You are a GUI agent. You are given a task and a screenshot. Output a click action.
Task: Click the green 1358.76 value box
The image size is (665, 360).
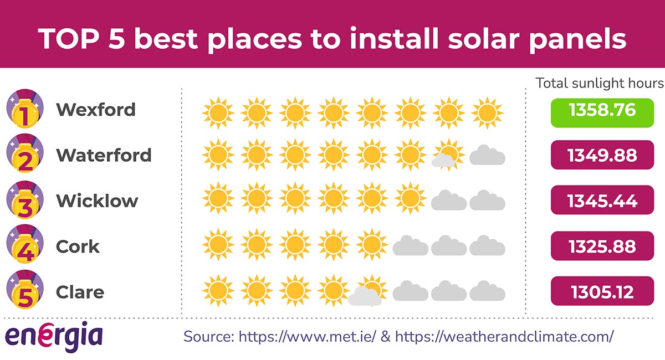602,109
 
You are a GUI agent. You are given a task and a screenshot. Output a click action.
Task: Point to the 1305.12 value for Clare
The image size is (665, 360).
602,291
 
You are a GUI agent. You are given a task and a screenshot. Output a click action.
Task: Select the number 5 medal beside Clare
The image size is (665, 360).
24,291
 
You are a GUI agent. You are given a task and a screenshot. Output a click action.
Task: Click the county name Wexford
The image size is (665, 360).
96,110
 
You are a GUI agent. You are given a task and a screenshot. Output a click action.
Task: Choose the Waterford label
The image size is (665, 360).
104,155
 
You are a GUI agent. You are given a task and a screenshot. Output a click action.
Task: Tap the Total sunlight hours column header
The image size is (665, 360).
599,83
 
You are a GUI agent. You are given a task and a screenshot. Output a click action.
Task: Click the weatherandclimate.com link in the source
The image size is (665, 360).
504,336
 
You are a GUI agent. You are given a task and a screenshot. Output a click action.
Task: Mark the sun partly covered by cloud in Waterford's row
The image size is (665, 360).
448,154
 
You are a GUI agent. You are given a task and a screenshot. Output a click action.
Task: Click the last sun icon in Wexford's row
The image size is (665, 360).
487,113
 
